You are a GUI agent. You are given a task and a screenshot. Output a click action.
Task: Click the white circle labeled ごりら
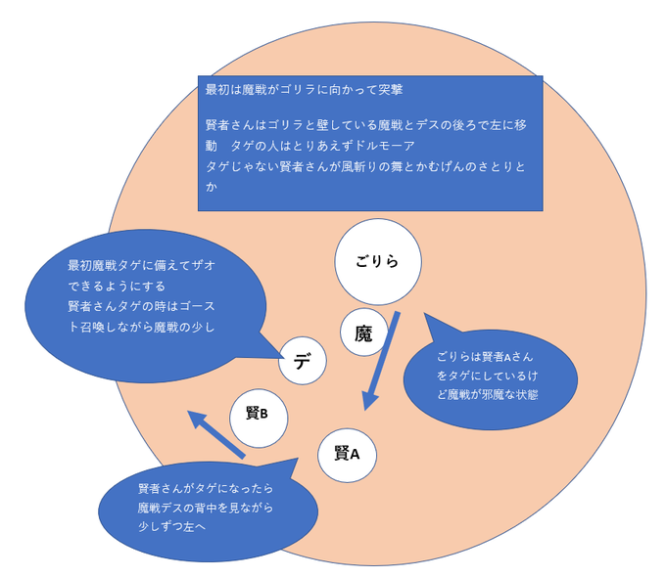pos(378,262)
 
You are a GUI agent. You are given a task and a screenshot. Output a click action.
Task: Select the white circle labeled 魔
pos(363,333)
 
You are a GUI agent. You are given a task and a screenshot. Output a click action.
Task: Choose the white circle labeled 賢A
pos(347,454)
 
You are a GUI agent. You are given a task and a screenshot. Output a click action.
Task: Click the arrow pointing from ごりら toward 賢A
pos(381,363)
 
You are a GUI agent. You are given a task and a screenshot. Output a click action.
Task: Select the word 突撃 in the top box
pos(390,89)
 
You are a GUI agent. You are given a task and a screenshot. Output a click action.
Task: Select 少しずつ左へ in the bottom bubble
pos(171,526)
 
